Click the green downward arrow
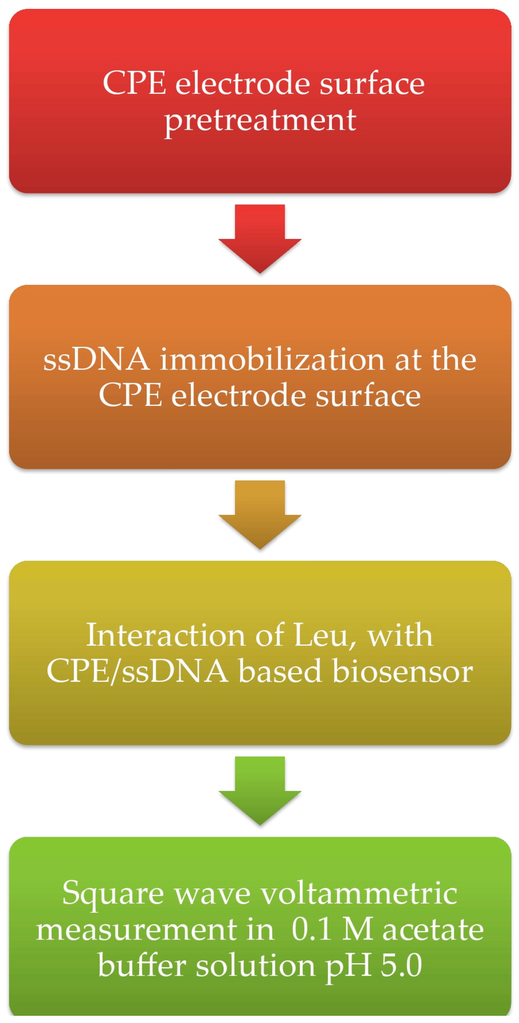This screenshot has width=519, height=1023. click(x=259, y=791)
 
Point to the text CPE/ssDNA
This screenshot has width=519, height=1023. click(x=137, y=671)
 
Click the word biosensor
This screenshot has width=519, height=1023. click(x=403, y=671)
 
